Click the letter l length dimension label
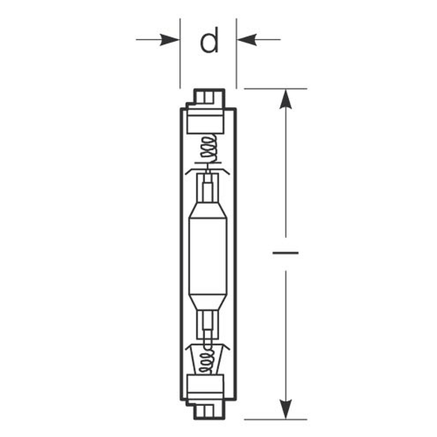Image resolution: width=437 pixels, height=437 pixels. (286, 253)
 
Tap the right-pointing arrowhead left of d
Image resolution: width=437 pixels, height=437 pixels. (170, 40)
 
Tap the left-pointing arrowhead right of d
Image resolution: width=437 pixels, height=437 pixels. (246, 40)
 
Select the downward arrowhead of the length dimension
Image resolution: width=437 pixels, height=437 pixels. (286, 409)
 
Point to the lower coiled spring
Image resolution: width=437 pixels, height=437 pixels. (207, 360)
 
